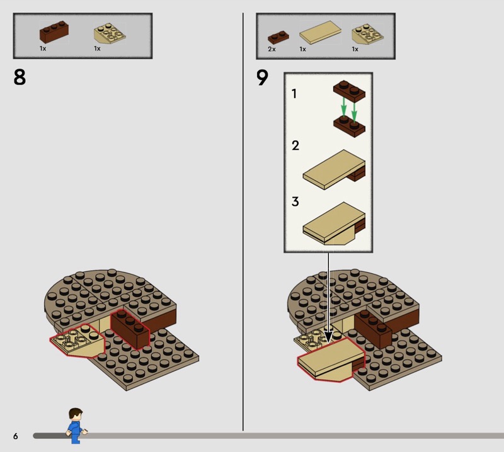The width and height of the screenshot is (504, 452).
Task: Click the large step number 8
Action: (x=20, y=77)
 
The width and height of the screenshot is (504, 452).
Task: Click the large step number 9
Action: (x=262, y=77)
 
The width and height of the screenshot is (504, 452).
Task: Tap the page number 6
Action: (x=15, y=436)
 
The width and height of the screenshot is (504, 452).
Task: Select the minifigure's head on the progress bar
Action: (x=76, y=414)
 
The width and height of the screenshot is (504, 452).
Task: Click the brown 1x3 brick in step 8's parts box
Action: (x=54, y=32)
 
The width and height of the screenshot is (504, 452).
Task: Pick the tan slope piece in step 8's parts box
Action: (x=110, y=34)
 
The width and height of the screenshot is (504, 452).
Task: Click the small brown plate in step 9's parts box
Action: (x=278, y=37)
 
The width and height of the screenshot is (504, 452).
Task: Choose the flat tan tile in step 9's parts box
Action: (x=321, y=33)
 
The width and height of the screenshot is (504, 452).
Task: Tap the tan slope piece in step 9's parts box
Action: (x=368, y=34)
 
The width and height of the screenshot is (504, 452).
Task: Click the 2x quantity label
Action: (x=272, y=49)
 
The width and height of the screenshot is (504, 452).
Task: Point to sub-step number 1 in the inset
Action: (x=294, y=94)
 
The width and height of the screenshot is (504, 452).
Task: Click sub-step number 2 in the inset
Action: (x=295, y=145)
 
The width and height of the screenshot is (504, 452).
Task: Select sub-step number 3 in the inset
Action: (x=295, y=201)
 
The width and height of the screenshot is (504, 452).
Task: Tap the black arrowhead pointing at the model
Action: (x=328, y=337)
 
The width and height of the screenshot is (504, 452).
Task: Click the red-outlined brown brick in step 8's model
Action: (x=130, y=329)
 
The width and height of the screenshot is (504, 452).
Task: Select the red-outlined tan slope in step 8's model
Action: (x=77, y=341)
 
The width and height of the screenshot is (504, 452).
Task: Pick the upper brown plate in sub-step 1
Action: (x=349, y=91)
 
